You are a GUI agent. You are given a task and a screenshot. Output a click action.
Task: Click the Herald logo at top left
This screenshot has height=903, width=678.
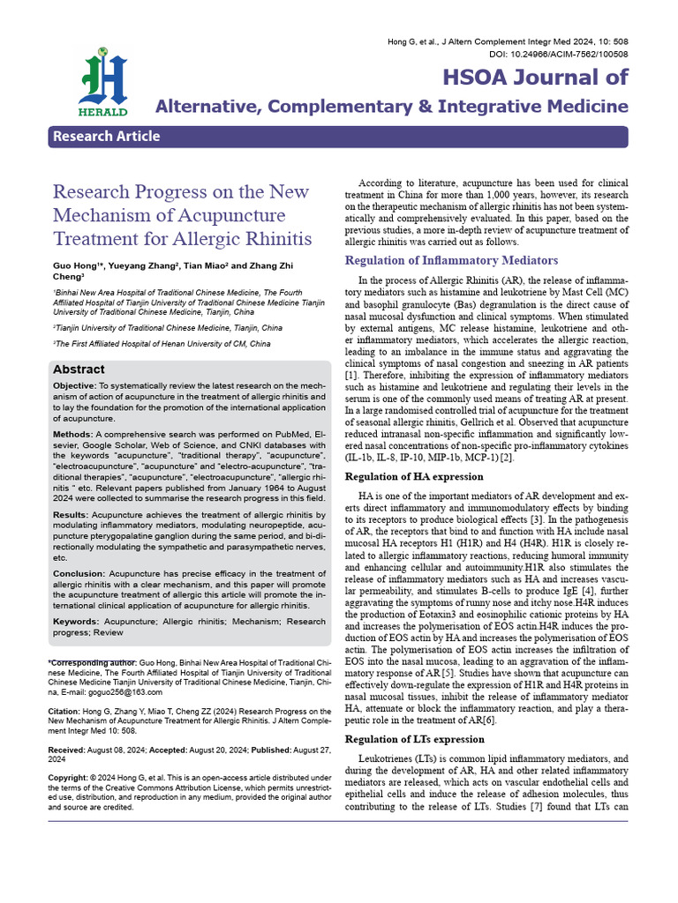tap(103, 83)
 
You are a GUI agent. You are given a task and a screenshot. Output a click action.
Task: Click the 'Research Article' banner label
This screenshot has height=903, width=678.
tap(107, 136)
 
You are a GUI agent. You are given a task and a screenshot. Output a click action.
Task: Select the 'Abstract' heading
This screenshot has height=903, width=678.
tap(79, 369)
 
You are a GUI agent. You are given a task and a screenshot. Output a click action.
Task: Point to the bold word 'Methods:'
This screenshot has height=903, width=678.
tap(72, 435)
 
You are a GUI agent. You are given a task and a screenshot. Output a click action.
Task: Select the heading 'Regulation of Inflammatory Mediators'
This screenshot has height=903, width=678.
tap(451, 260)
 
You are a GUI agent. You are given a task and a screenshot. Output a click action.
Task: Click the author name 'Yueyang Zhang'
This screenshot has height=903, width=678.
tap(141, 265)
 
